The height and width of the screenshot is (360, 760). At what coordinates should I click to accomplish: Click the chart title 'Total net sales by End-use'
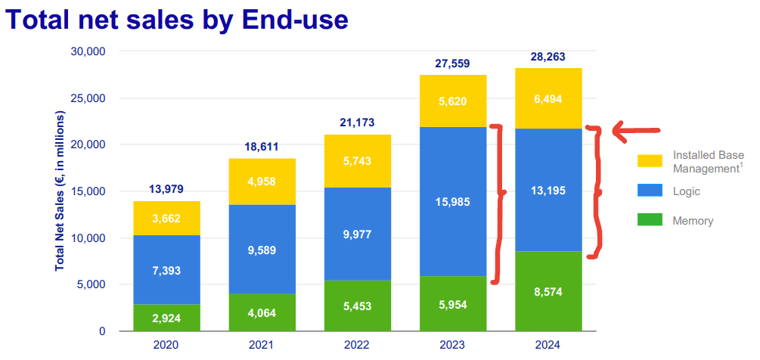[x=178, y=19]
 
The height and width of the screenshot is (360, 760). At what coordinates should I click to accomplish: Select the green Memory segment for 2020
[x=166, y=318]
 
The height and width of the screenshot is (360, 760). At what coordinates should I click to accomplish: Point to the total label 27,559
[x=453, y=64]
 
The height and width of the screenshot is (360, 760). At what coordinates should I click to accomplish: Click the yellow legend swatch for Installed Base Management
[x=650, y=161]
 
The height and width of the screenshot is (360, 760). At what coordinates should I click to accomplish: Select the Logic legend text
[x=687, y=191]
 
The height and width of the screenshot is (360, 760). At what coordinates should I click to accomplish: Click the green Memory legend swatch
[x=650, y=221]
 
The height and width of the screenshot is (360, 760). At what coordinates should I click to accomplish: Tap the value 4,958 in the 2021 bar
[x=262, y=181]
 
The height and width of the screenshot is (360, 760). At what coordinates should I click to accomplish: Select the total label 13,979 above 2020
[x=166, y=188]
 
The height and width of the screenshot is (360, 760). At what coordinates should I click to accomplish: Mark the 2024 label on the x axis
[x=548, y=346]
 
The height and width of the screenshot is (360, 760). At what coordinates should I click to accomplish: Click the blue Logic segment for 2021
[x=262, y=250]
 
